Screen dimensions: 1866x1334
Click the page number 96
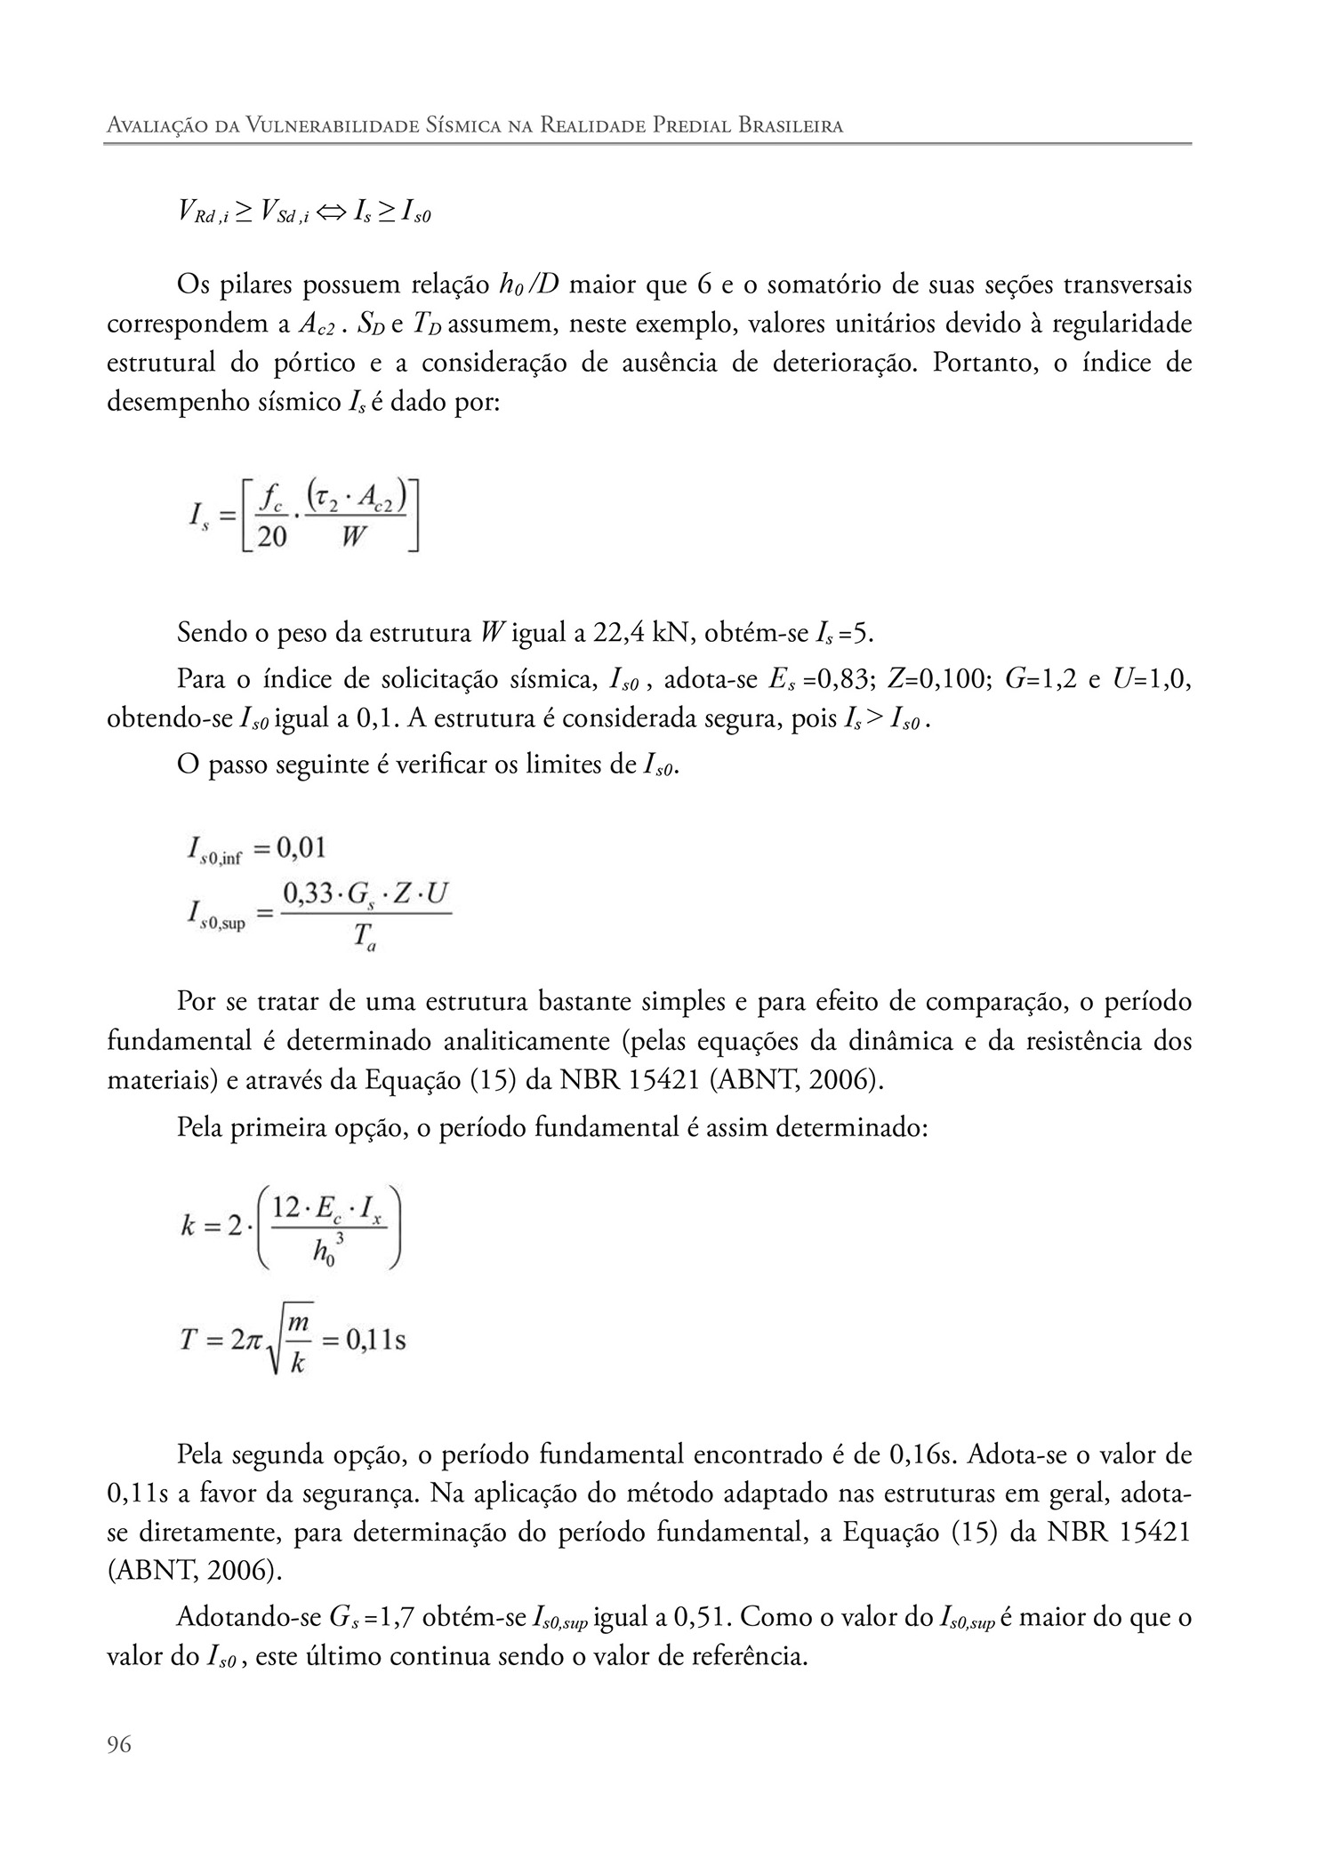click(x=119, y=1745)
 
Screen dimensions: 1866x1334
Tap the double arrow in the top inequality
click(x=331, y=212)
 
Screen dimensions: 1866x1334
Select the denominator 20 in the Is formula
click(x=272, y=537)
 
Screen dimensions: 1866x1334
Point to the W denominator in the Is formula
click(x=355, y=537)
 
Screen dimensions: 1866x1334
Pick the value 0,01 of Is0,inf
click(x=301, y=848)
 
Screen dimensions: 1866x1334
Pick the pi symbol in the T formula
click(x=254, y=1340)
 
